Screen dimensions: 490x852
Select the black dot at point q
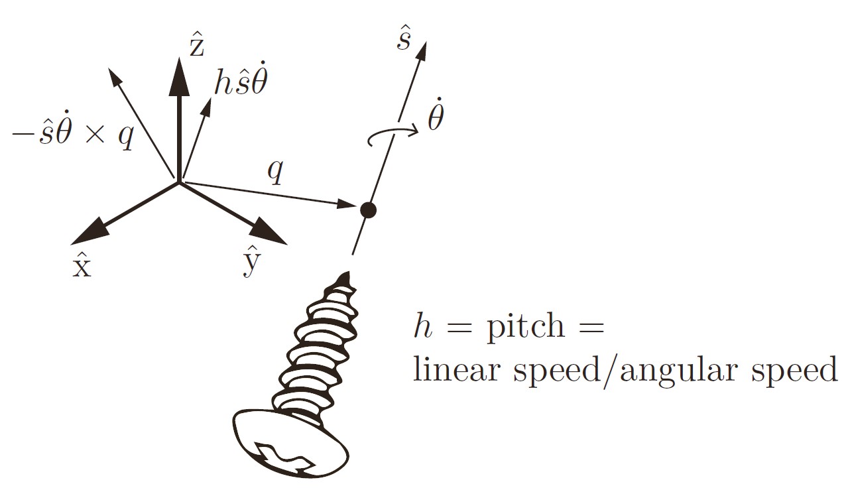368,211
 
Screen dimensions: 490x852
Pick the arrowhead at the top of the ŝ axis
422,50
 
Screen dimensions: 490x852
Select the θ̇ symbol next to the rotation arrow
436,117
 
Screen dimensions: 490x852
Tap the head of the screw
291,442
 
